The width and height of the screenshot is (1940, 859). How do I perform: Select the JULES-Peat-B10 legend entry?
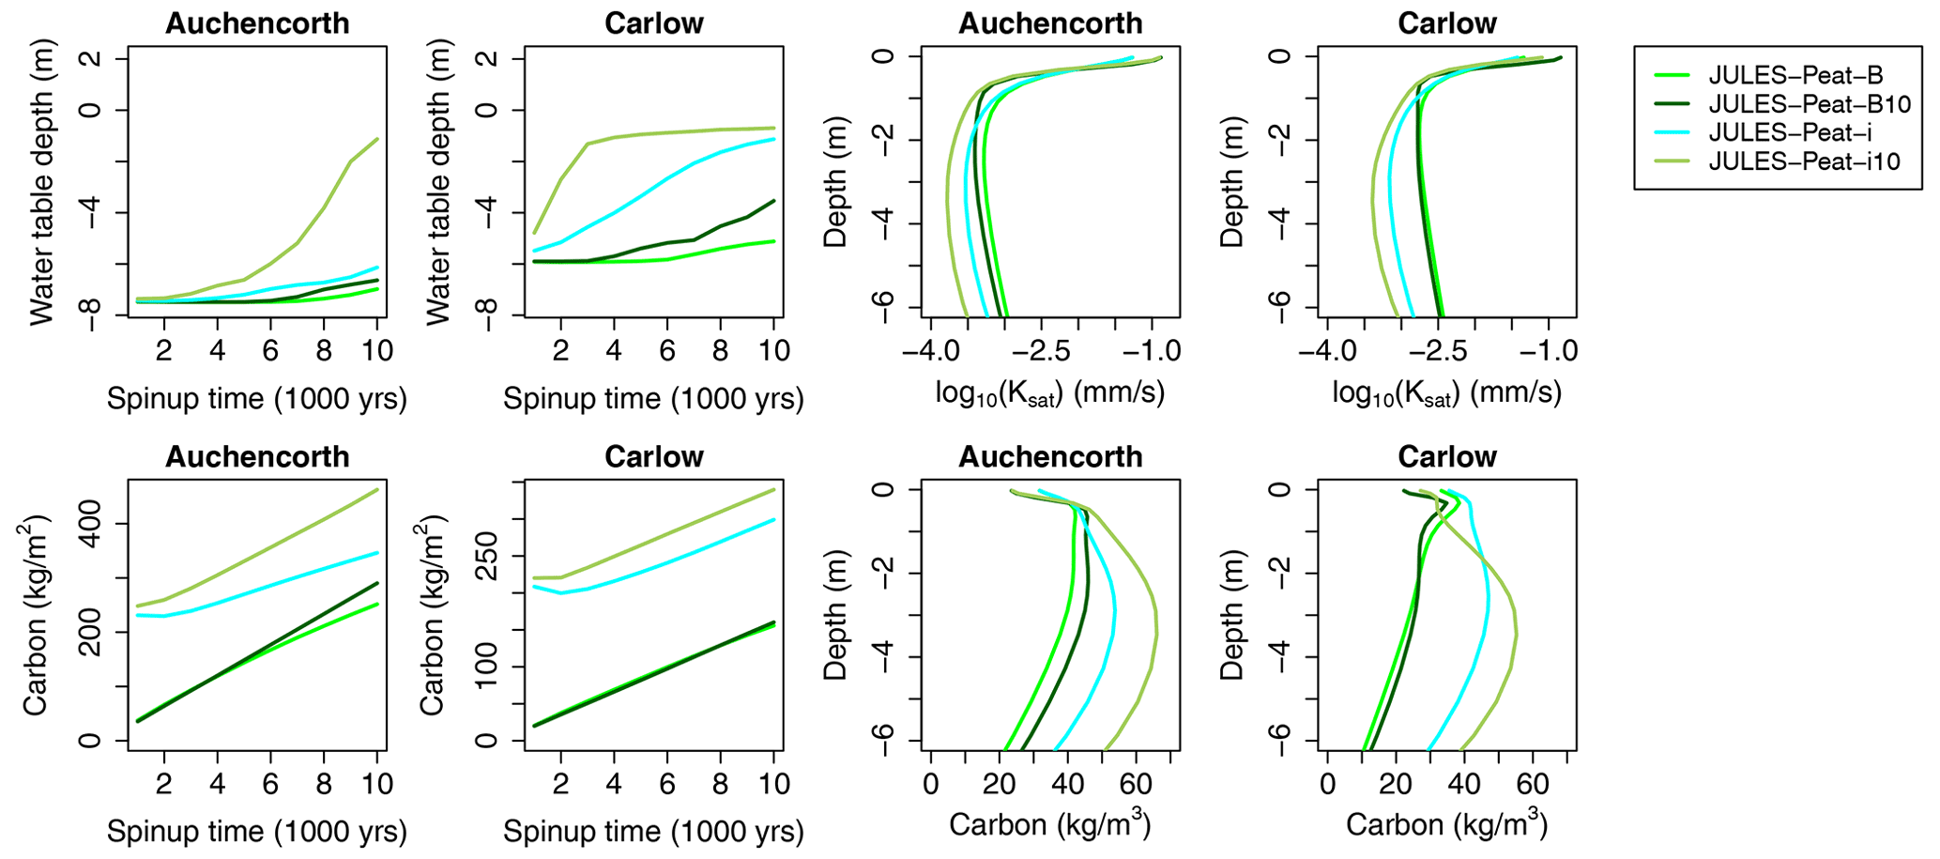(x=1810, y=104)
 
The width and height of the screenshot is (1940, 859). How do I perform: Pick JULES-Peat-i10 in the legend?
(x=1804, y=161)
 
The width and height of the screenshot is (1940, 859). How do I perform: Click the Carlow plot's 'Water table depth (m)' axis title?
(x=437, y=183)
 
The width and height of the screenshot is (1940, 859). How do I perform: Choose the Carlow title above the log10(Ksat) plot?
(x=1446, y=23)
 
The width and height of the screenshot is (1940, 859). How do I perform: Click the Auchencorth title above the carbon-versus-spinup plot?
(x=257, y=457)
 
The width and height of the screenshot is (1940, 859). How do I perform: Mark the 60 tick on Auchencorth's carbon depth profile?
(x=1136, y=784)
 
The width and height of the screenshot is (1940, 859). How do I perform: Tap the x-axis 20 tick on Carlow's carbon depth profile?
(x=1396, y=784)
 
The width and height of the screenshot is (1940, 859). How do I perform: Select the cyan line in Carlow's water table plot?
(x=668, y=177)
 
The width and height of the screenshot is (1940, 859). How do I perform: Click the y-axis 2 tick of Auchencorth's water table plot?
(x=94, y=59)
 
